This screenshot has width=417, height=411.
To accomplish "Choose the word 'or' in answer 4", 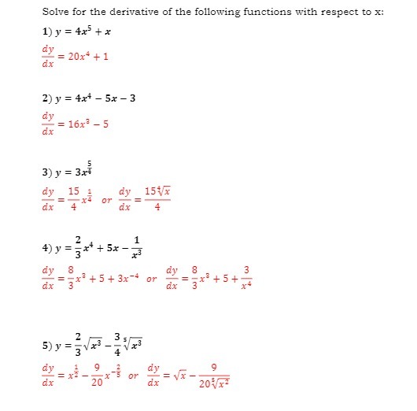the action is (153, 279).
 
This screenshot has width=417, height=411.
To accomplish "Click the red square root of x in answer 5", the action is (185, 376).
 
